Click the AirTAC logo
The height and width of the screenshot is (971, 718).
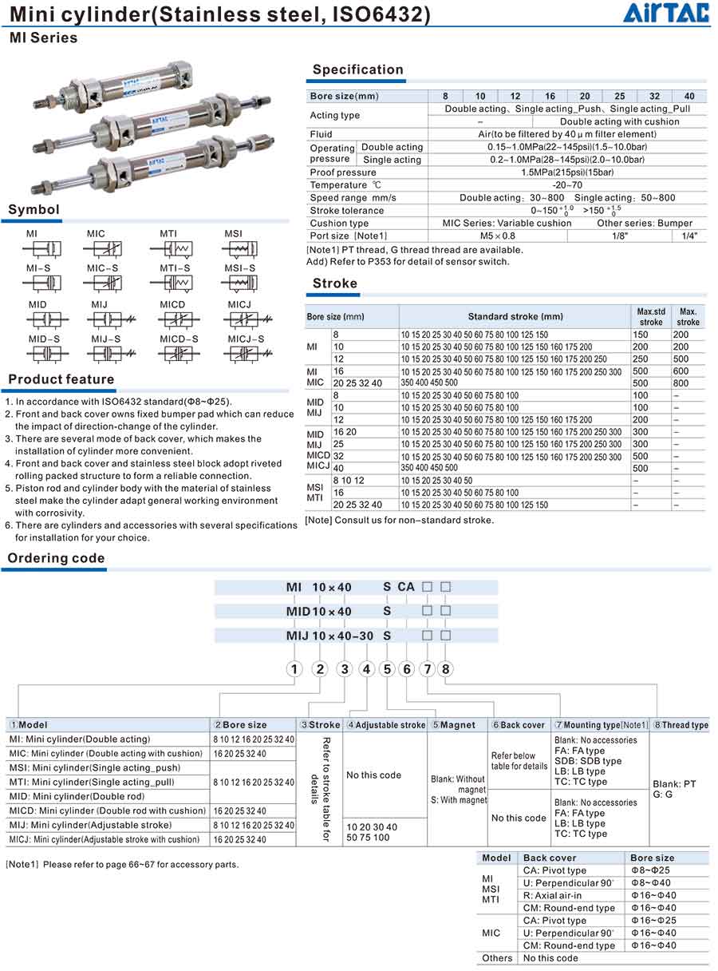pyautogui.click(x=667, y=14)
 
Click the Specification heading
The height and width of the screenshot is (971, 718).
pyautogui.click(x=357, y=69)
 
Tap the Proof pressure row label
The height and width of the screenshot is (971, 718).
pyautogui.click(x=343, y=172)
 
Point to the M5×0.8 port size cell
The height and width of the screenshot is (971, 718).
pyautogui.click(x=497, y=236)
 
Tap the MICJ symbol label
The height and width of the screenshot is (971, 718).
pyautogui.click(x=239, y=305)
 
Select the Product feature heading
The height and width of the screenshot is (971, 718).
pyautogui.click(x=61, y=379)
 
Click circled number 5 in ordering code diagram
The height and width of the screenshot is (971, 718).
pyautogui.click(x=388, y=669)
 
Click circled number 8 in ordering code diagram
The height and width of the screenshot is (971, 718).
pyautogui.click(x=446, y=669)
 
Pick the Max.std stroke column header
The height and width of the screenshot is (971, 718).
pyautogui.click(x=651, y=317)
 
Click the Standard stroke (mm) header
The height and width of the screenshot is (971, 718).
pyautogui.click(x=515, y=317)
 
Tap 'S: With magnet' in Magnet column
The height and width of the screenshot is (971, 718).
pyautogui.click(x=458, y=800)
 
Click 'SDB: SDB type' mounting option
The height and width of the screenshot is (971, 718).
pyautogui.click(x=587, y=761)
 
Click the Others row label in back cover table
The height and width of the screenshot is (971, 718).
pyautogui.click(x=497, y=958)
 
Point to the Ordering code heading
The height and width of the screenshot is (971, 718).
pyautogui.click(x=56, y=558)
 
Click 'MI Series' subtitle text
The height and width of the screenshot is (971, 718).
pyautogui.click(x=43, y=38)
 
